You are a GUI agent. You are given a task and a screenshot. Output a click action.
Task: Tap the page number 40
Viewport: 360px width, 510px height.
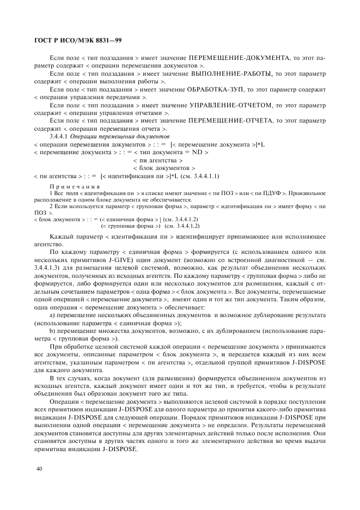coord(38,469)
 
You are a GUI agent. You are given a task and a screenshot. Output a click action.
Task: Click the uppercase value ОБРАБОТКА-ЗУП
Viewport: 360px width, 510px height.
coord(217,88)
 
